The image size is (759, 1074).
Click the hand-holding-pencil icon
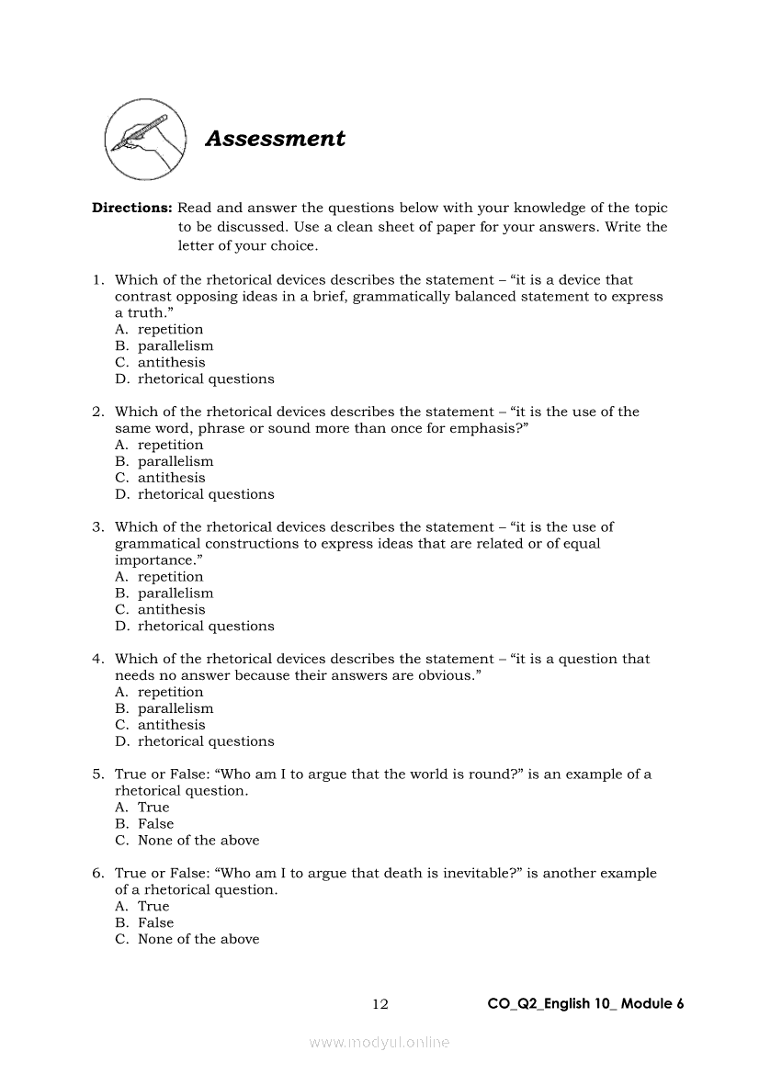142,140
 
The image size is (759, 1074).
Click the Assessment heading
275,139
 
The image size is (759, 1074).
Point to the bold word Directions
131,208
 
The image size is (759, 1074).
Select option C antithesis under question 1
171,362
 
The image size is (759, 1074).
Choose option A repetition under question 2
170,445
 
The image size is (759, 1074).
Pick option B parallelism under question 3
175,593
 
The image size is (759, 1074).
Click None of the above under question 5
198,840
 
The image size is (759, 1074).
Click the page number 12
380,1004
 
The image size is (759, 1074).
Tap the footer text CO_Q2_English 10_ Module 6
585,1004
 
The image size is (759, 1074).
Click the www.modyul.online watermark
379,1042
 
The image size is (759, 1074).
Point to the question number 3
96,526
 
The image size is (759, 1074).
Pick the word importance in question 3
153,560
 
